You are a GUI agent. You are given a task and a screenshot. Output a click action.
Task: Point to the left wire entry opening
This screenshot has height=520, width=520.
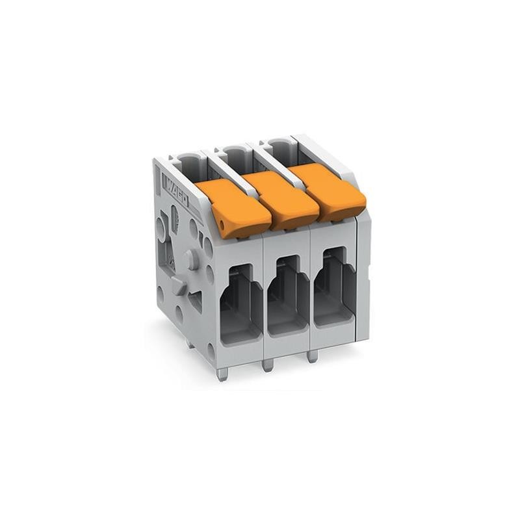pyautogui.click(x=241, y=305)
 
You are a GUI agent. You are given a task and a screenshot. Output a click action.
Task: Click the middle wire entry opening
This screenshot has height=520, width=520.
pyautogui.click(x=288, y=296)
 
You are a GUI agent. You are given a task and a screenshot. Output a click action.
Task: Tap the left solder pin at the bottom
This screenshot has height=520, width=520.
pyautogui.click(x=222, y=374)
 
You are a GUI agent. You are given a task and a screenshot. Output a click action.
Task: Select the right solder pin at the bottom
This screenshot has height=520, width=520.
pyautogui.click(x=312, y=356)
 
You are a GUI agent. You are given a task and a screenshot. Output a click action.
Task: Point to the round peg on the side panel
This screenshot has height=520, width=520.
pyautogui.click(x=190, y=259)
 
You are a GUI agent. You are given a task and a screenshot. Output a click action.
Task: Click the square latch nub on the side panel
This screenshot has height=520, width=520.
pyautogui.click(x=179, y=286)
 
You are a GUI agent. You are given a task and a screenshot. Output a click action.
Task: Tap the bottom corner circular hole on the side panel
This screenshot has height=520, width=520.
pyautogui.click(x=211, y=352)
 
